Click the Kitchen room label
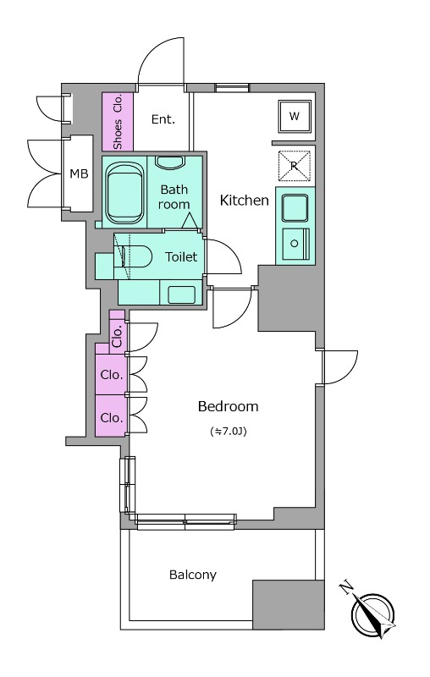(245, 201)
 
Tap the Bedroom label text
(228, 406)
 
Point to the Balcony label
(192, 575)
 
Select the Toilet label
(181, 257)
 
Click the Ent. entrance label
(163, 119)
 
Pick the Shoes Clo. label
(118, 122)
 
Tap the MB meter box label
(79, 173)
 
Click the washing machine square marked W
(295, 116)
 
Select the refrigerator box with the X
(295, 166)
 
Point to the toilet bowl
(134, 257)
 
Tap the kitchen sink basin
(295, 208)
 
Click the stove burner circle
(295, 244)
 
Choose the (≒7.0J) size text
(228, 432)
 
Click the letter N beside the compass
(346, 587)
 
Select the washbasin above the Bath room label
(170, 162)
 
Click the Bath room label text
(174, 197)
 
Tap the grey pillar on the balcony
(289, 604)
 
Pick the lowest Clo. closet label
(112, 417)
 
